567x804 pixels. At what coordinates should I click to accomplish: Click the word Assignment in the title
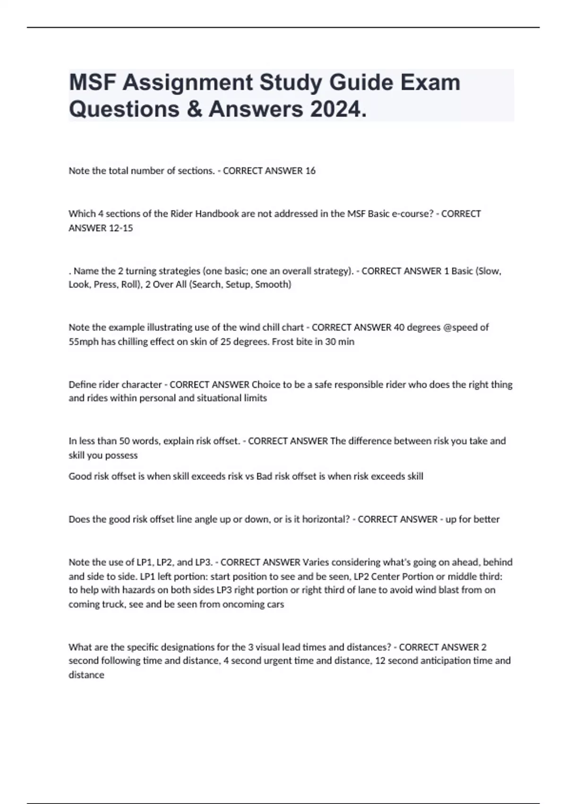pyautogui.click(x=188, y=83)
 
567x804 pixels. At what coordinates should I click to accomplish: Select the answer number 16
pyautogui.click(x=310, y=171)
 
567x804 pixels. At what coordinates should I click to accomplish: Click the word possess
pyautogui.click(x=122, y=455)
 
